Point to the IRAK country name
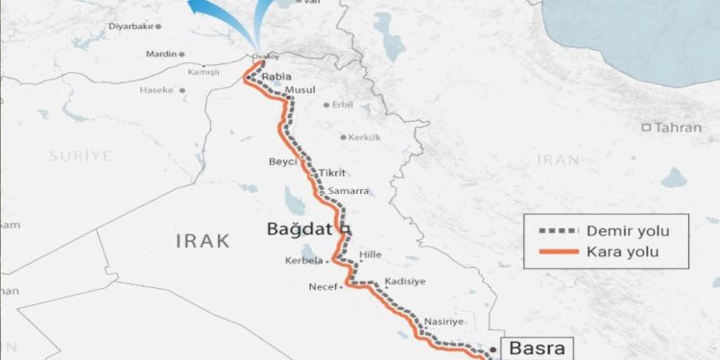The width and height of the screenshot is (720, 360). pos(203,240)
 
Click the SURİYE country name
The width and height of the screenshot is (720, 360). pos(83,156)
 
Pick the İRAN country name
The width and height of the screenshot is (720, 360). pos(560,158)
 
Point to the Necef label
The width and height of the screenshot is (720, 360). pos(324,286)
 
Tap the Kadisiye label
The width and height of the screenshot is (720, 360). pos(404,281)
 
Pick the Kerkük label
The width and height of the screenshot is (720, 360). pos(365,137)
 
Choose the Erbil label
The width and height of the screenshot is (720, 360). pos(343,105)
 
